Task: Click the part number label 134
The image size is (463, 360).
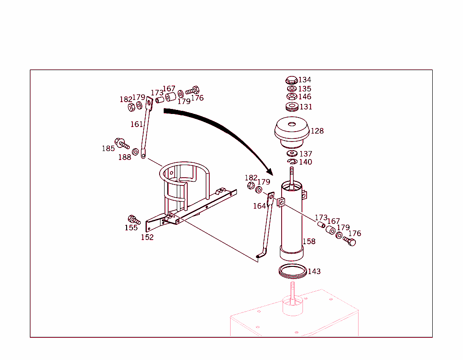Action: [304, 80]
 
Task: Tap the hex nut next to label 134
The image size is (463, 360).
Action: [291, 81]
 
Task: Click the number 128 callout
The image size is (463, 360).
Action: [317, 131]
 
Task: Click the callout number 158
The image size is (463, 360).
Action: [309, 242]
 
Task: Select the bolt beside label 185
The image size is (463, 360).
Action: [122, 144]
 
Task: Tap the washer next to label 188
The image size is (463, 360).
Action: [135, 151]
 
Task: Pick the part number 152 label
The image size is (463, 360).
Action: [147, 237]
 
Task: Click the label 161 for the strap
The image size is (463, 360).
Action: [137, 124]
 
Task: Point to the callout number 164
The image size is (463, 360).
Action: [259, 206]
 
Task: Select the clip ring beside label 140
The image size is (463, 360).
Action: [292, 161]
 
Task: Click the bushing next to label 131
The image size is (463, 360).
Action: [292, 107]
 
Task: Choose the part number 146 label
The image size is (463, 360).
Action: [304, 97]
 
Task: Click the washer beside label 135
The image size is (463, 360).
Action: [292, 89]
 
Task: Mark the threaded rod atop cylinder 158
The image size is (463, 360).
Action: [292, 174]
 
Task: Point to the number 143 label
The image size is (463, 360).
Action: [314, 271]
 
